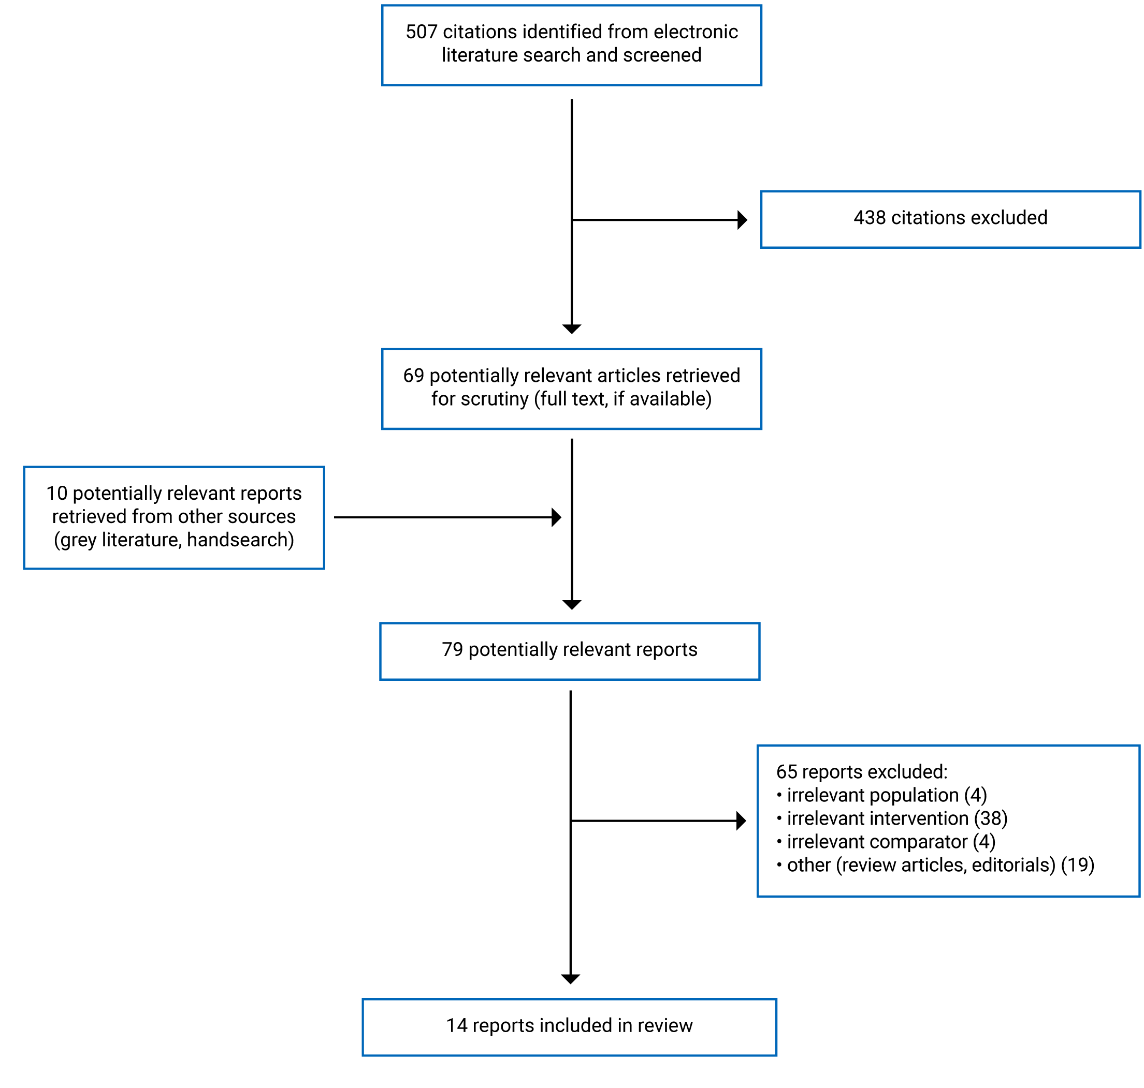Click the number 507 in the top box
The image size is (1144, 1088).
(x=421, y=32)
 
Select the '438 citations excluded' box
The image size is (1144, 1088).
(x=950, y=219)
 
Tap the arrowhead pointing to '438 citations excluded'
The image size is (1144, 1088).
(x=741, y=220)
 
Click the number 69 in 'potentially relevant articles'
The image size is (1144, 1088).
(x=413, y=376)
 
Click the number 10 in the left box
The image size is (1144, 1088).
(x=57, y=494)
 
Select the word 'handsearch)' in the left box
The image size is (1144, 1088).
(x=240, y=540)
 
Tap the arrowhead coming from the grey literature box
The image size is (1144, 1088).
(x=556, y=517)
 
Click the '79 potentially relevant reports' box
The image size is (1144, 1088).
(x=569, y=651)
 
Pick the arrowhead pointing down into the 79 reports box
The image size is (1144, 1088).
(x=572, y=604)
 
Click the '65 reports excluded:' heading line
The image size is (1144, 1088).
(x=861, y=772)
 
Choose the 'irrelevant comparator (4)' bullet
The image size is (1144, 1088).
(x=885, y=842)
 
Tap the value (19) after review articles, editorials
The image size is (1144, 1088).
(x=1077, y=865)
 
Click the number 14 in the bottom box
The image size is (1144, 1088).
(x=456, y=1025)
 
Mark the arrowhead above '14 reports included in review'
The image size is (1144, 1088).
(x=571, y=979)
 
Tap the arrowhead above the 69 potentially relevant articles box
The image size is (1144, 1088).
(x=572, y=329)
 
